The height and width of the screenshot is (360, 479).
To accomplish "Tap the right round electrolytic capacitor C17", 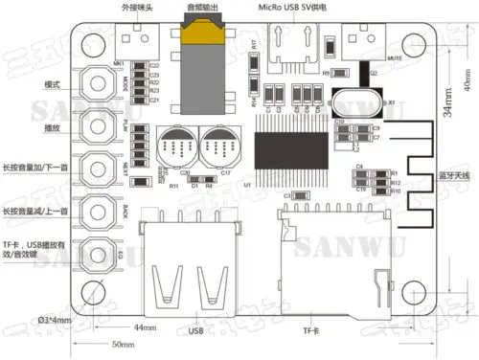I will coord(215,146).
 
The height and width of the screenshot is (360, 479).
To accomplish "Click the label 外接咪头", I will coord(136,8).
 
